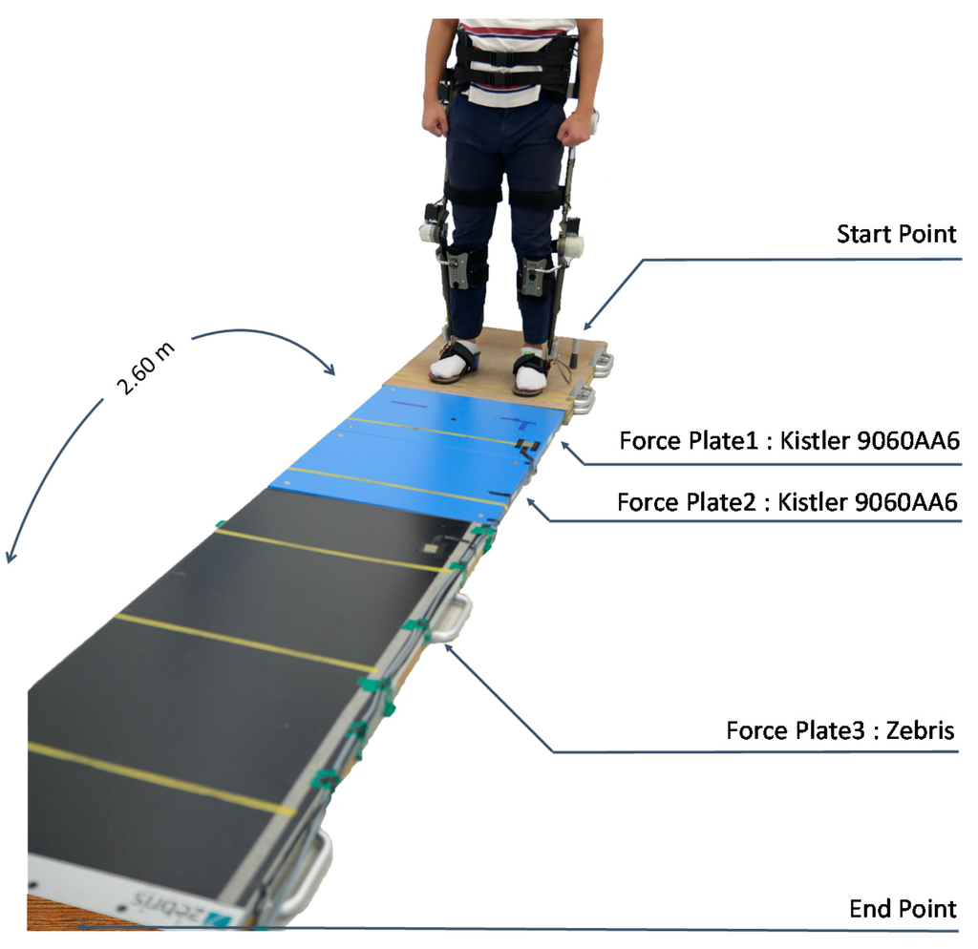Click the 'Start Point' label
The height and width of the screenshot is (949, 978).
(x=896, y=235)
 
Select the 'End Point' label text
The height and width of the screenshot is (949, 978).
(x=903, y=908)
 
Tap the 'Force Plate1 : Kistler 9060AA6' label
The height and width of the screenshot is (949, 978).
(x=788, y=442)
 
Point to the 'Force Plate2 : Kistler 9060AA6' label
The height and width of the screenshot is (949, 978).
(x=787, y=502)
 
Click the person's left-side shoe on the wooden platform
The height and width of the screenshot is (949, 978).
(x=455, y=362)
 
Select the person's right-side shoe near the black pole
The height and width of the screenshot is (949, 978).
(x=530, y=369)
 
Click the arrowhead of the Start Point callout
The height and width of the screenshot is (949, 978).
(x=587, y=327)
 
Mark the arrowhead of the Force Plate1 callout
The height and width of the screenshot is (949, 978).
(x=563, y=446)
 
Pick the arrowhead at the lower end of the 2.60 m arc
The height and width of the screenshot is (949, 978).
(x=10, y=558)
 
